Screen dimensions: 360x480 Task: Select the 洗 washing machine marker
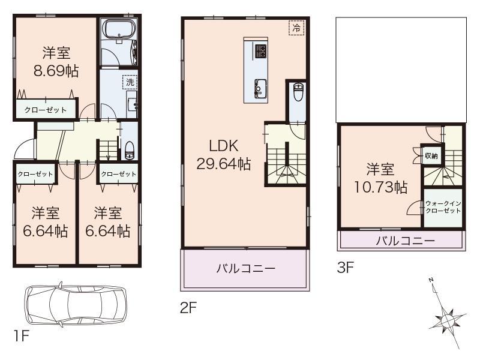(130, 82)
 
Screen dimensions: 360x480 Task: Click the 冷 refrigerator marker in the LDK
(296, 28)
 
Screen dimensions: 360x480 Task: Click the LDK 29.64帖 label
(224, 155)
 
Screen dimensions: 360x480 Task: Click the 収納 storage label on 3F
(431, 156)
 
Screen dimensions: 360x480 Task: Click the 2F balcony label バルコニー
(245, 268)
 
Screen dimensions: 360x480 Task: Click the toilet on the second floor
(298, 93)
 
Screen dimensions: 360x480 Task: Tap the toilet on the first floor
(130, 150)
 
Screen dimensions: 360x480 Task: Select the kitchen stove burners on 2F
(260, 51)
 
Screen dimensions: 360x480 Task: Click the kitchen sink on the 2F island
(260, 88)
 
